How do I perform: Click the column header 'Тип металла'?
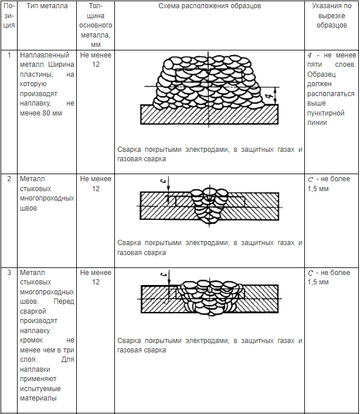[x=44, y=6]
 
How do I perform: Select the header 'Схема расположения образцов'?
[x=209, y=6]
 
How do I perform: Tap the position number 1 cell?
[x=9, y=55]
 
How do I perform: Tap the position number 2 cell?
[x=9, y=179]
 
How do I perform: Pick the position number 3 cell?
[x=9, y=273]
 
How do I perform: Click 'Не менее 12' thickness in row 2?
[x=96, y=184]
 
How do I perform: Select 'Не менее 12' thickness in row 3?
[x=96, y=277]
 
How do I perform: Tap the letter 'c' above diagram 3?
[x=168, y=273]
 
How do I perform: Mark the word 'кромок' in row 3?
[x=33, y=340]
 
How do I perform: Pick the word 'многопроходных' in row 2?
[x=47, y=198]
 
